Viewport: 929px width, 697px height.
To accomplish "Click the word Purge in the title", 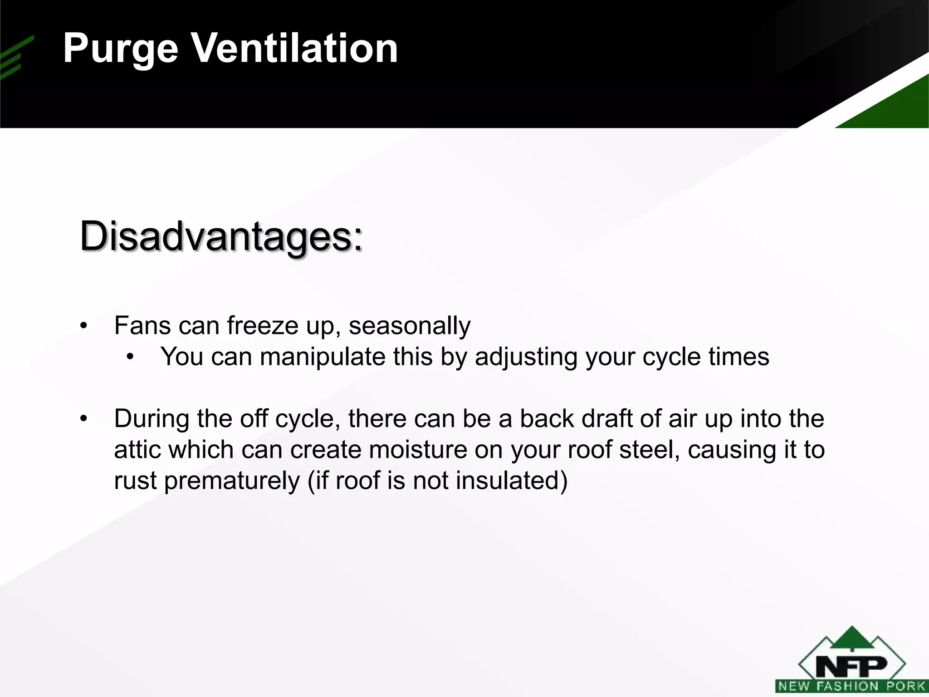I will [120, 49].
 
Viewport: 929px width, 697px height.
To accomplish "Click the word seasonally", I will [410, 326].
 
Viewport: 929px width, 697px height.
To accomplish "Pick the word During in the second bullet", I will [152, 418].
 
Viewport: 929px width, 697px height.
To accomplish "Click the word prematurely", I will [232, 481].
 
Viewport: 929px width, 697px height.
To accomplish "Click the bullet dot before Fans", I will [83, 326].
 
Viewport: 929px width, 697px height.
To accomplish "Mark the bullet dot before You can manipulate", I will [131, 357].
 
